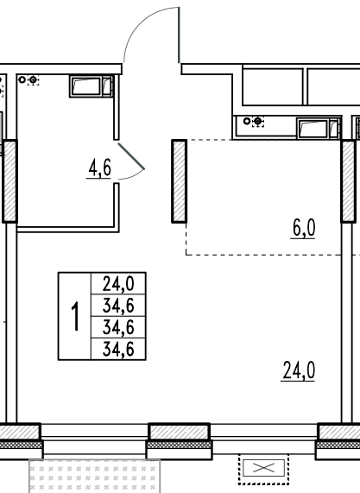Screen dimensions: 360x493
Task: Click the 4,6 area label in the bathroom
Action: click(99, 168)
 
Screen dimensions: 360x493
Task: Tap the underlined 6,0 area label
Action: click(303, 228)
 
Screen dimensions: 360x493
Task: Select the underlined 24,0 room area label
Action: click(299, 370)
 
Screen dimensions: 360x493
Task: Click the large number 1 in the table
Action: click(75, 316)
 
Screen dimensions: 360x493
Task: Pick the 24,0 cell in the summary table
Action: click(118, 283)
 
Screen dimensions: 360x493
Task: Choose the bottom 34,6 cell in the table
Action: click(118, 349)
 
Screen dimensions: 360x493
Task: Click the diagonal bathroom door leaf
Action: click(131, 156)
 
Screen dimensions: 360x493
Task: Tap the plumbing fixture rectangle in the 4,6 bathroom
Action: click(92, 85)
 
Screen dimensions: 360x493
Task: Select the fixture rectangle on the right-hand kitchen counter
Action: click(319, 128)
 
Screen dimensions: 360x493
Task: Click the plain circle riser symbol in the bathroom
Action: click(22, 79)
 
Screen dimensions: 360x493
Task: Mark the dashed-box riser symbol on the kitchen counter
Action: click(258, 121)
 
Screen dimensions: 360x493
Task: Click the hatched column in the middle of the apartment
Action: click(180, 181)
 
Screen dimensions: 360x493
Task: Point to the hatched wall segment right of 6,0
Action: click(349, 181)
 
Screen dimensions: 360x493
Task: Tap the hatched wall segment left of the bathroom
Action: click(9, 181)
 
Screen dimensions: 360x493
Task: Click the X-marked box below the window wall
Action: click(264, 468)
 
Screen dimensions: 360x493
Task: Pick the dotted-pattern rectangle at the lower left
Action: click(94, 477)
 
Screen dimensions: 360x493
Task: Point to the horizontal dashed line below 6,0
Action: click(263, 255)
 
